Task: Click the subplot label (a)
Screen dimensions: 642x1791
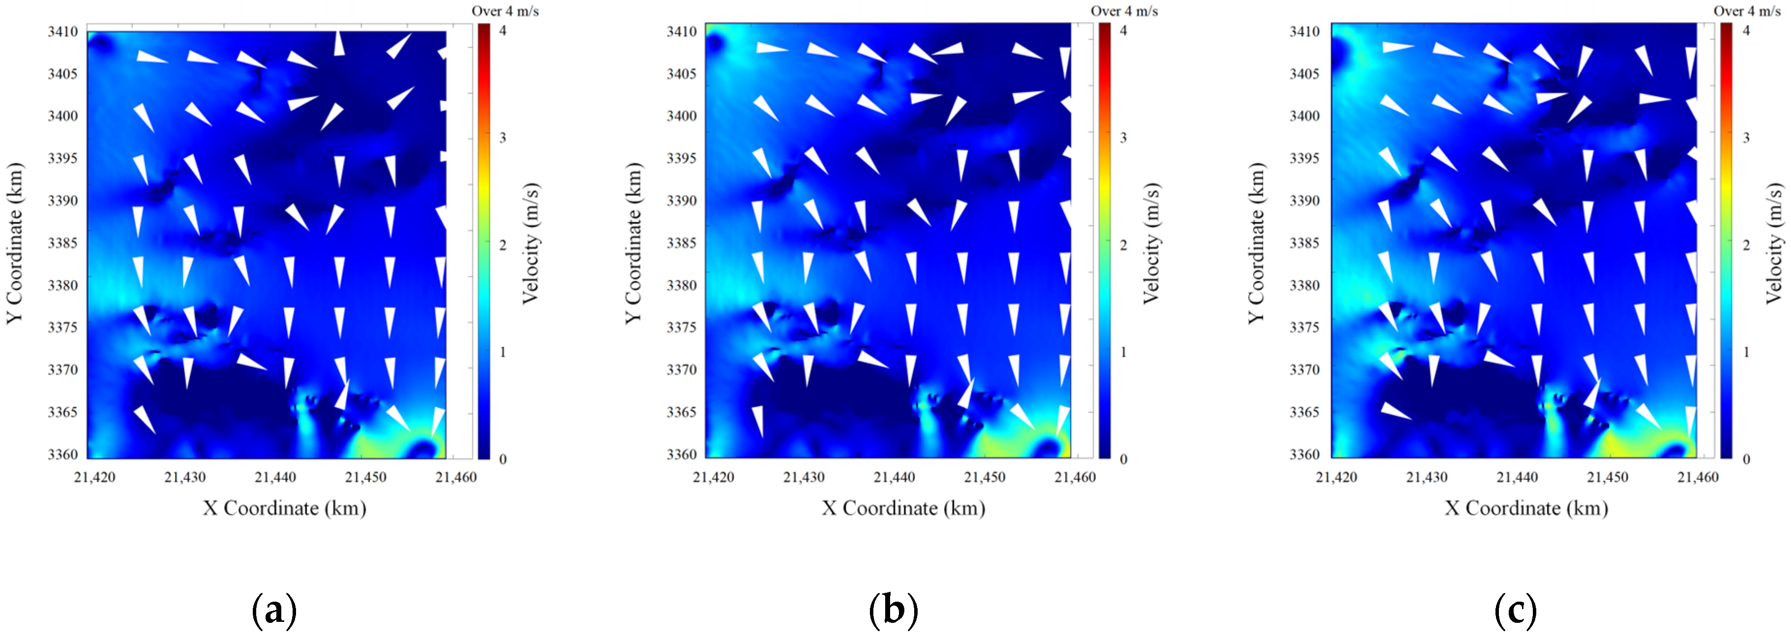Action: click(274, 610)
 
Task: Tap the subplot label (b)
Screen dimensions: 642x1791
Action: click(894, 610)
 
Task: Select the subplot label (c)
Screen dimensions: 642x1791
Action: click(1516, 610)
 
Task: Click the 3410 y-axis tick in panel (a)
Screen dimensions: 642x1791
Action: click(62, 31)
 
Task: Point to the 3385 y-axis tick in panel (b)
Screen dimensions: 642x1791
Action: click(682, 243)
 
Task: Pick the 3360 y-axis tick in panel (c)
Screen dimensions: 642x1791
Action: click(1304, 454)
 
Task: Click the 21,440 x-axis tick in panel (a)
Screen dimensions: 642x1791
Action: click(275, 477)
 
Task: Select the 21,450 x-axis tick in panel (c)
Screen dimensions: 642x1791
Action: click(1608, 477)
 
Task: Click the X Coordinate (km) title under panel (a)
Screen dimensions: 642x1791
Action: click(284, 509)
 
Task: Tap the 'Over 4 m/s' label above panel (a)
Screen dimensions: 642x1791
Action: click(506, 11)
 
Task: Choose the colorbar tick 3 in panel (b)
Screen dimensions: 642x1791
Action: click(1124, 138)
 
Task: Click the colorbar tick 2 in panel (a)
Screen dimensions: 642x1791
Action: click(503, 245)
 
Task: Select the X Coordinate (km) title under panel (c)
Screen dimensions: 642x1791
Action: click(1526, 509)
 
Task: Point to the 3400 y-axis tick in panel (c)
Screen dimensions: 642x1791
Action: click(1304, 116)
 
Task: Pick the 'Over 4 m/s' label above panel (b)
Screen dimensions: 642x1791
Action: click(1124, 11)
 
